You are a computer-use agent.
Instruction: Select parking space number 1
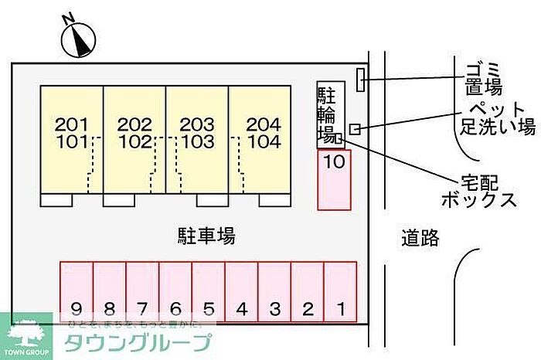tap(340, 291)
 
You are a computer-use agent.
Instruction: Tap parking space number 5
tap(209, 291)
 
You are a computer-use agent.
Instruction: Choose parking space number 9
tap(77, 291)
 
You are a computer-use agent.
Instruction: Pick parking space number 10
tap(334, 179)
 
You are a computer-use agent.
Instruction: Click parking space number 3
tap(274, 291)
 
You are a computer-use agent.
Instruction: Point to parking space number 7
tap(143, 291)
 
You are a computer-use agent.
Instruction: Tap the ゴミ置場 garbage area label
tap(484, 77)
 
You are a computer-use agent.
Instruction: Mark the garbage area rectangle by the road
tap(359, 78)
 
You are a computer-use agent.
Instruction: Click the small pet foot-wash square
tap(355, 128)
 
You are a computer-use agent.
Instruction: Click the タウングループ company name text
tap(138, 342)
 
